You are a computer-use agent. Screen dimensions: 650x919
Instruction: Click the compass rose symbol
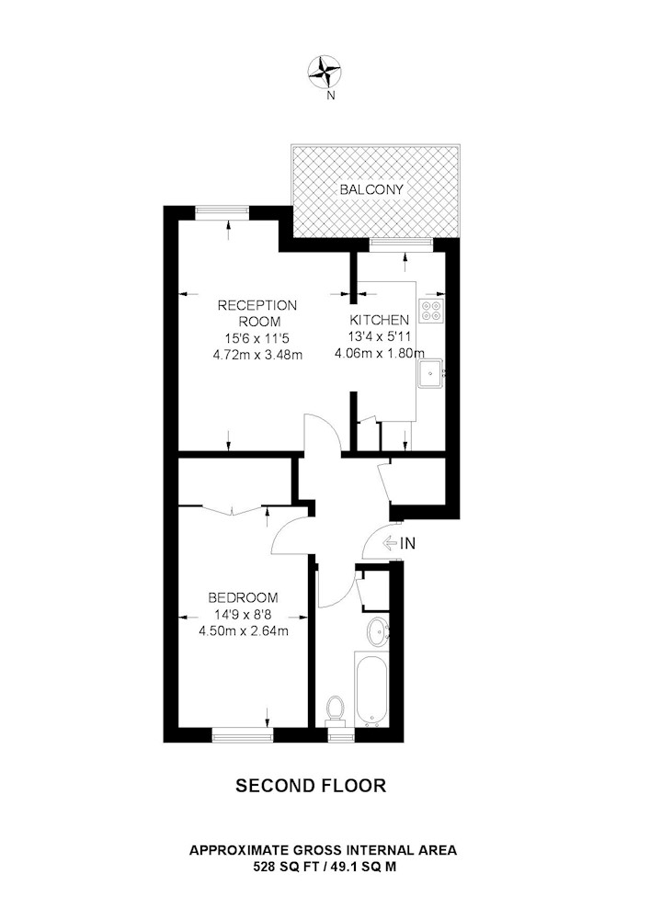click(325, 72)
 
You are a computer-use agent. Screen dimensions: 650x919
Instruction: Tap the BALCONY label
click(372, 189)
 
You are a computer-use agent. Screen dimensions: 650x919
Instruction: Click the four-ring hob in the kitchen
click(431, 310)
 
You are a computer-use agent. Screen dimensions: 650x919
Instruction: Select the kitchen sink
click(431, 373)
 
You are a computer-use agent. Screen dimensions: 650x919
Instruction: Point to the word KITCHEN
click(379, 320)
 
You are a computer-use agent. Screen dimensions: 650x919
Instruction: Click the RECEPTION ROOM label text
click(257, 313)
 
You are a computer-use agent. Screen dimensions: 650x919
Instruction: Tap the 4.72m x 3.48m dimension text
click(258, 354)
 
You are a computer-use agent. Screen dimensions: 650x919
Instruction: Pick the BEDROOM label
click(244, 598)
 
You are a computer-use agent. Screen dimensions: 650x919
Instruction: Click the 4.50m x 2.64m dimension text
click(244, 630)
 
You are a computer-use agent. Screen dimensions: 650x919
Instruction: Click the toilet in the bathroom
click(336, 709)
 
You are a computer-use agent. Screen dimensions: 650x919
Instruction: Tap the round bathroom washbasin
click(378, 632)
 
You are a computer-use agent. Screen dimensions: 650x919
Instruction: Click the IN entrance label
click(407, 543)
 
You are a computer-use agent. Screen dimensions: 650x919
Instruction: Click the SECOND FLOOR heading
click(311, 786)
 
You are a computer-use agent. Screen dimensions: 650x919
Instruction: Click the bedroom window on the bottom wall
click(243, 734)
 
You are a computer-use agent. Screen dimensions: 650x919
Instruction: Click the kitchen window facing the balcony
click(402, 245)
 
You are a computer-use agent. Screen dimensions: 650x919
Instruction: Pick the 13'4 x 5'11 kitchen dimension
click(379, 336)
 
